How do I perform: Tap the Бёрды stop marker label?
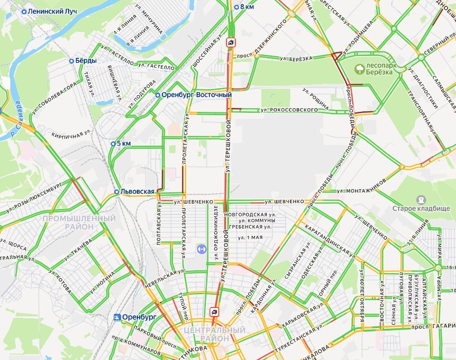click(x=85, y=61)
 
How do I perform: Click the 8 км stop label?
click(x=247, y=7)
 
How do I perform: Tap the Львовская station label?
click(x=137, y=191)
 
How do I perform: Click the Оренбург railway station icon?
click(x=117, y=317)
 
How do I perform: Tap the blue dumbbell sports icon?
click(x=200, y=249)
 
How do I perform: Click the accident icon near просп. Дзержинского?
click(x=230, y=42)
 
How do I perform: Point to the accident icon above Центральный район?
click(x=214, y=311)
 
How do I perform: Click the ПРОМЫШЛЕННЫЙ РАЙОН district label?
click(x=79, y=222)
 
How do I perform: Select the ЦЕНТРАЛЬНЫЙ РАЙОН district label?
click(x=214, y=334)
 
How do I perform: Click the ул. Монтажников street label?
click(x=361, y=187)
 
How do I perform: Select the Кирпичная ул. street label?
click(x=72, y=132)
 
